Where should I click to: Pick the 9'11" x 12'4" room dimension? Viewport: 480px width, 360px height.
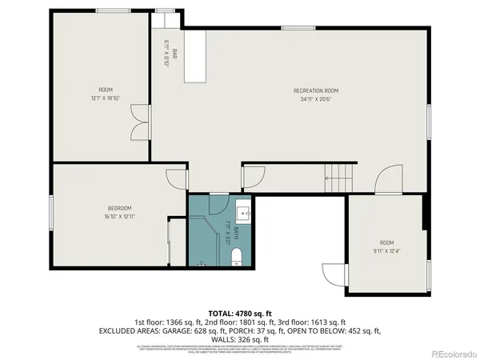pyautogui.click(x=386, y=252)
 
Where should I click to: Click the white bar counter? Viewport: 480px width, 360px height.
pyautogui.click(x=196, y=56)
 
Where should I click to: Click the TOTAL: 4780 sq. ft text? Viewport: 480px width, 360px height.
pyautogui.click(x=239, y=313)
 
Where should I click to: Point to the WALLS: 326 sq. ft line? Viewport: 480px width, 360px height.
pyautogui.click(x=239, y=339)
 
